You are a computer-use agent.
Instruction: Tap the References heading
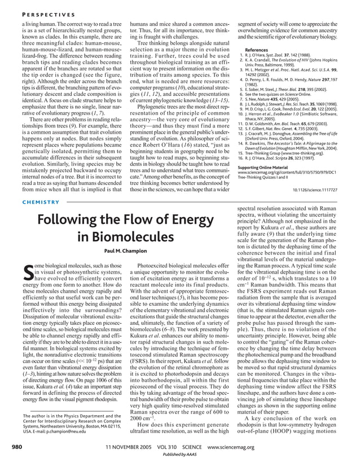click(x=252, y=49)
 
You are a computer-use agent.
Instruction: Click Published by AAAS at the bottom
click(x=180, y=453)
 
